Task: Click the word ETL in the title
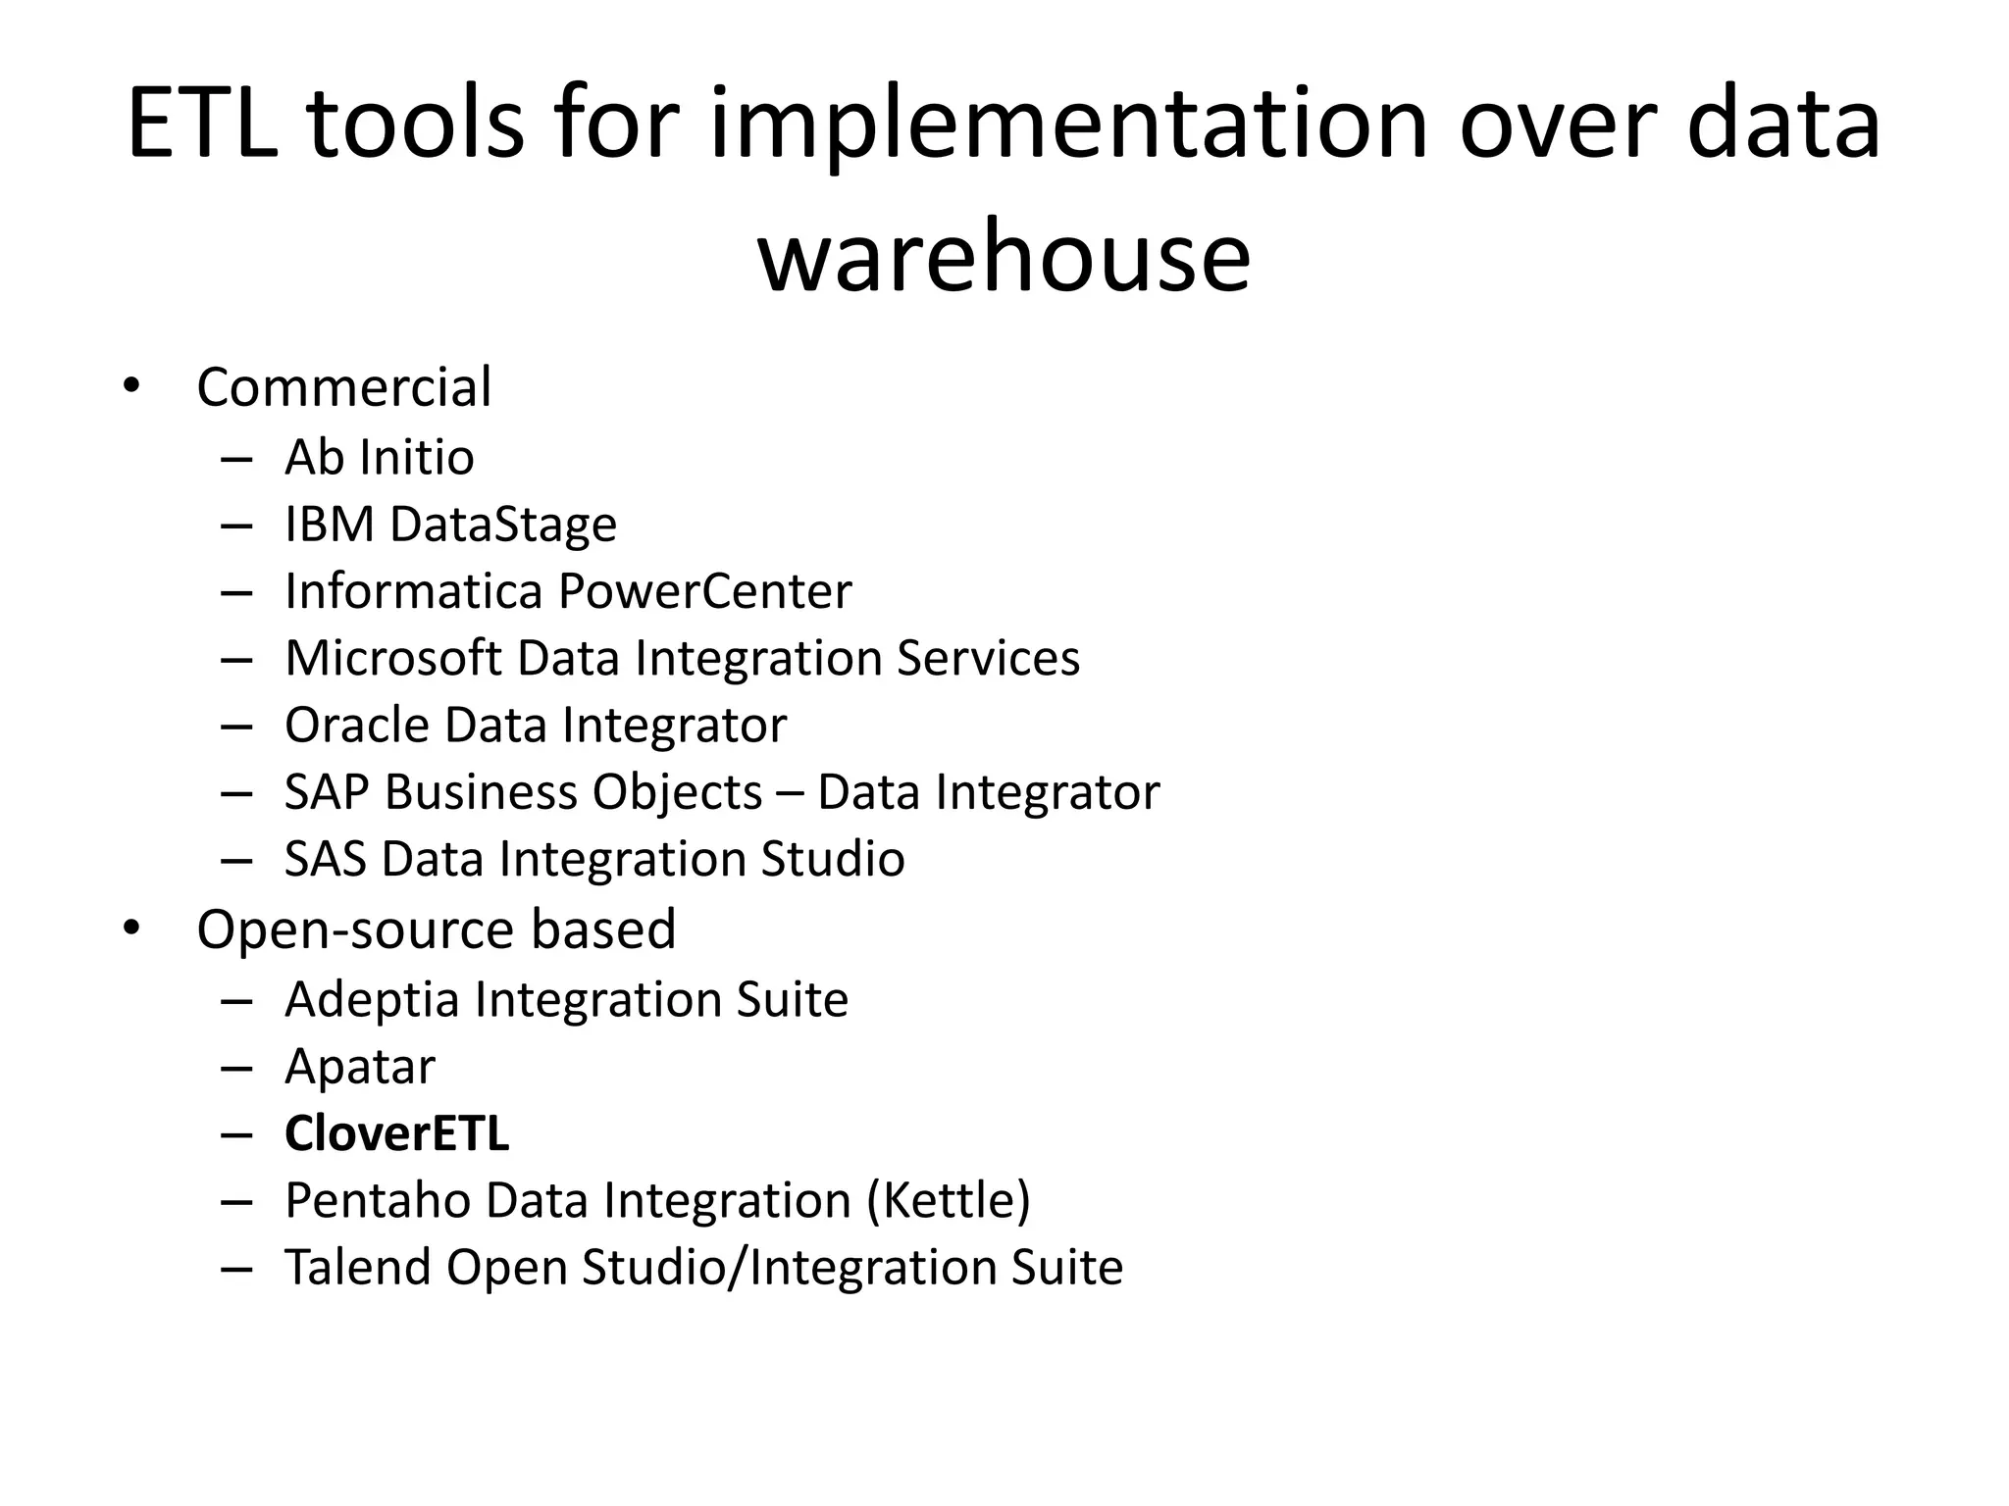[x=202, y=124]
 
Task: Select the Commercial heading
[x=343, y=387]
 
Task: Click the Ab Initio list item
[x=379, y=458]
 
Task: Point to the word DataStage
[x=503, y=525]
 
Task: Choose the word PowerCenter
[x=704, y=591]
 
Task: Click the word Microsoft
[x=392, y=658]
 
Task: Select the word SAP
[x=326, y=792]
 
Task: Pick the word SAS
[x=325, y=859]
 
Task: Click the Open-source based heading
[x=436, y=929]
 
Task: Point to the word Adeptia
[x=372, y=1000]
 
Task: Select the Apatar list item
[x=359, y=1067]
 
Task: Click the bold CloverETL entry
[x=396, y=1133]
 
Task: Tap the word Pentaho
[x=378, y=1200]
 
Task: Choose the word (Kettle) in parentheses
[x=949, y=1200]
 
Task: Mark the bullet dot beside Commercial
[x=131, y=385]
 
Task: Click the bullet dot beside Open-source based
[x=131, y=928]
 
